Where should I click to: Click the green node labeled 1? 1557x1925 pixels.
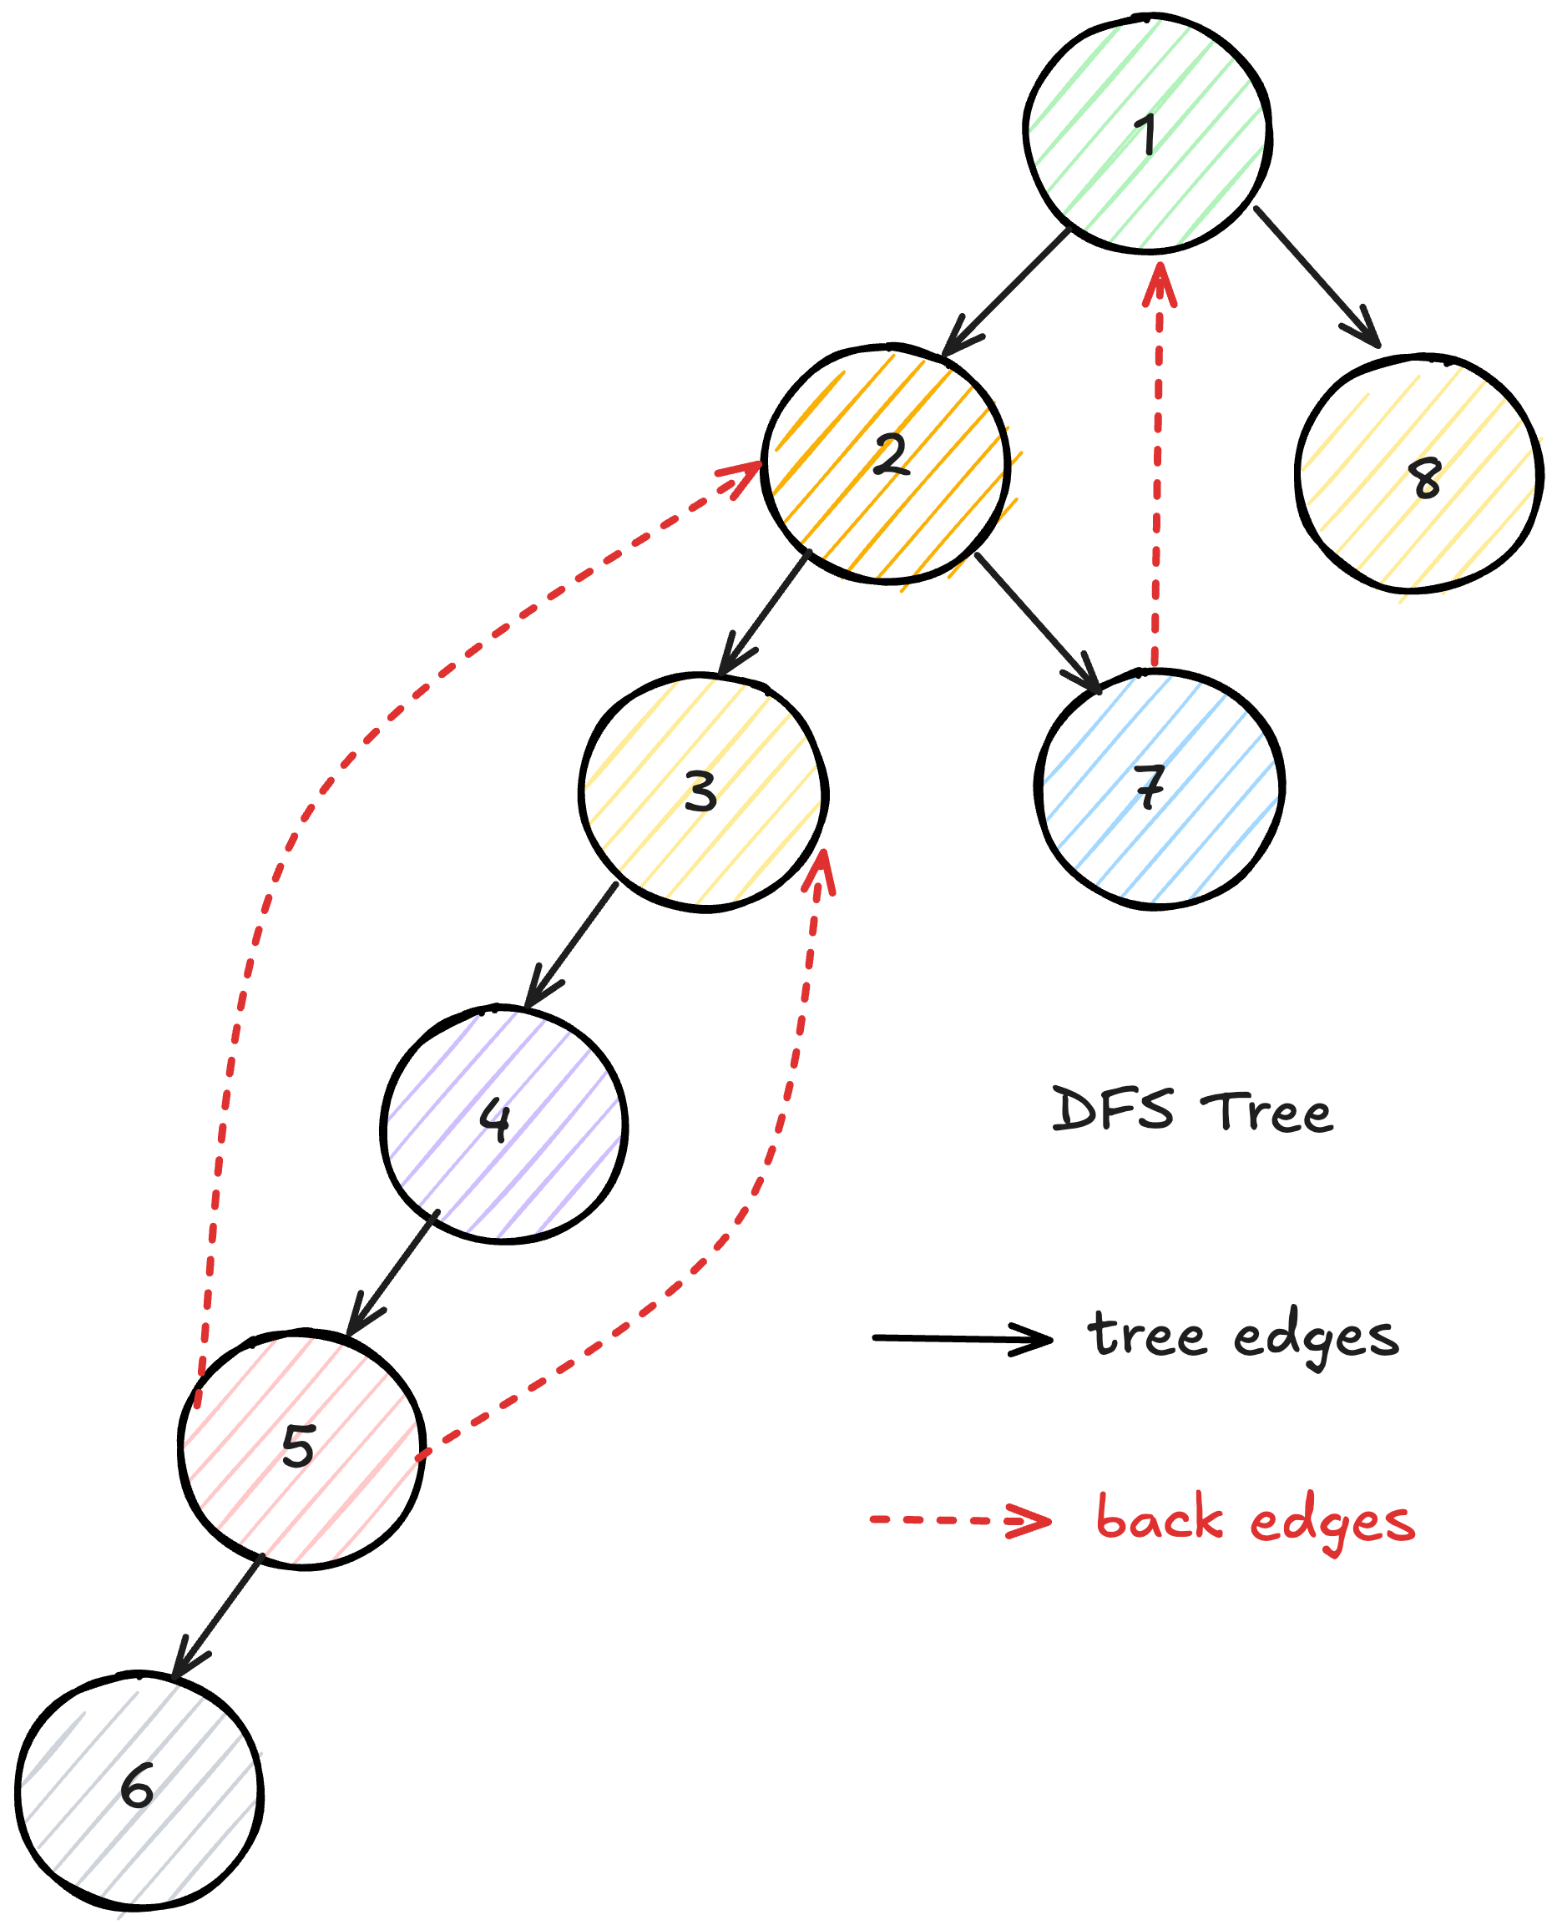[x=1147, y=133]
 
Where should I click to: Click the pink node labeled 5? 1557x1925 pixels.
[x=301, y=1450]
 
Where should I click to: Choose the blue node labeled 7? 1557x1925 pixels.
[x=1159, y=789]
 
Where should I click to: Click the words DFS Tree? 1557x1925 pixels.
[x=1192, y=1112]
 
